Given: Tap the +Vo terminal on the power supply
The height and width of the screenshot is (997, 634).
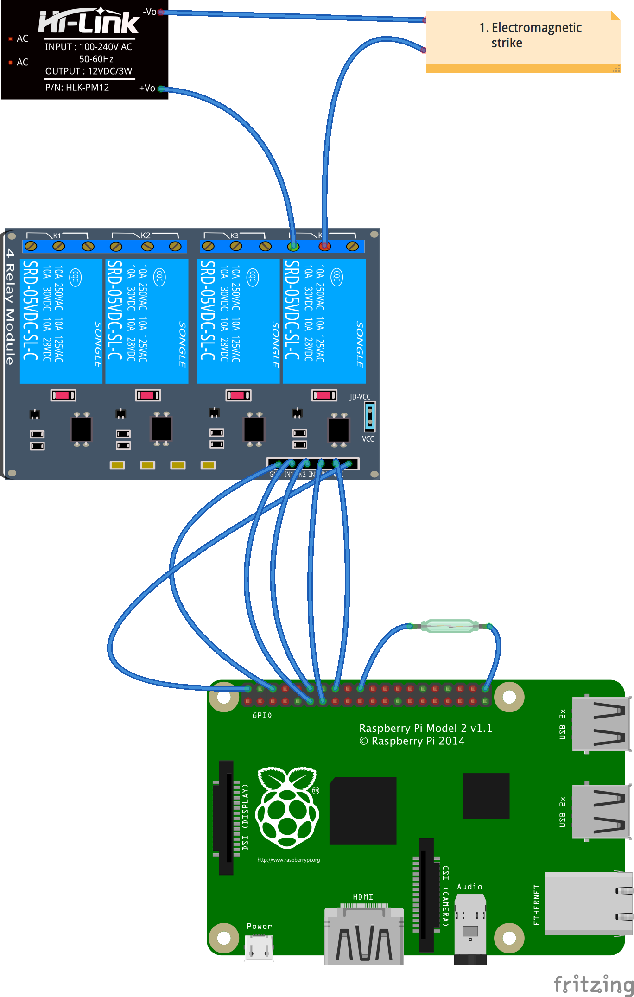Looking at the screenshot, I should tap(160, 88).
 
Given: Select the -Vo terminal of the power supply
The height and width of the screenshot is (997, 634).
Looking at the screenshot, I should tap(160, 12).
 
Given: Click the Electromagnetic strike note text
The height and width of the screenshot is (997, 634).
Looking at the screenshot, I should tap(530, 35).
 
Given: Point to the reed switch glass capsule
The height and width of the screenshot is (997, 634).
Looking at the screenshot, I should tap(449, 626).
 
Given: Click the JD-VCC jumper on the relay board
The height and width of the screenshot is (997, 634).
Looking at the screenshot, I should tap(370, 416).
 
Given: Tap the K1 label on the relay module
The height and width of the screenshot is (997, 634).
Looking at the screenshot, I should tap(57, 235).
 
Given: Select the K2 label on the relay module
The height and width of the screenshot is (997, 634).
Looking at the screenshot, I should tap(146, 235).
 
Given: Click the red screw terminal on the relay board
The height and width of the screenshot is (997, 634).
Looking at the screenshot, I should tap(324, 246).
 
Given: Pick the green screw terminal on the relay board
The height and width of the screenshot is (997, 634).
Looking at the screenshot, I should tap(293, 246).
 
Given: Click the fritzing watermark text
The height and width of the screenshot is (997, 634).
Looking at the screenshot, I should tap(593, 984).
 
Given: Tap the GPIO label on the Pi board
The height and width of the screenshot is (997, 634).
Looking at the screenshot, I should tap(262, 715).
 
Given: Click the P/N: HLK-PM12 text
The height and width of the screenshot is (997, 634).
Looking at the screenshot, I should tap(77, 88).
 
